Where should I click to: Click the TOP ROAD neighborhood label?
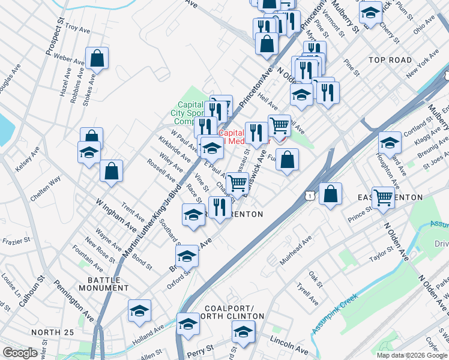pyautogui.click(x=390, y=60)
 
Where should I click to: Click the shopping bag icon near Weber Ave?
pyautogui.click(x=97, y=58)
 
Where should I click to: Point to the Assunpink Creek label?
pyautogui.click(x=334, y=313)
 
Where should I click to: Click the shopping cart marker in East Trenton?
pyautogui.click(x=383, y=197)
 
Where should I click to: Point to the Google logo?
pyautogui.click(x=20, y=353)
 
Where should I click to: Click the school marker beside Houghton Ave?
pyautogui.click(x=390, y=143)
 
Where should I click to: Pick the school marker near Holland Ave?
pyautogui.click(x=139, y=311)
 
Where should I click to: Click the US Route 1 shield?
pyautogui.click(x=309, y=196)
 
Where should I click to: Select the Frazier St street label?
pyautogui.click(x=17, y=241)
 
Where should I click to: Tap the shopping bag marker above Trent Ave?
pyautogui.click(x=112, y=170)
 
